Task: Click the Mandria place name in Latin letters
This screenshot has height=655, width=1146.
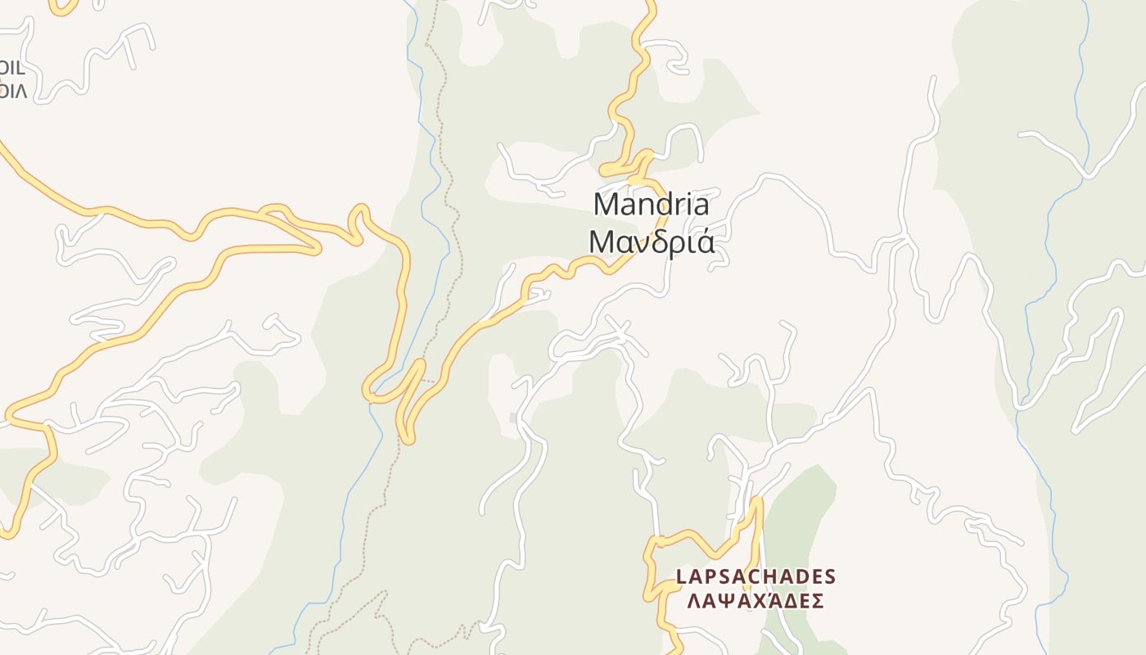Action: pos(651,204)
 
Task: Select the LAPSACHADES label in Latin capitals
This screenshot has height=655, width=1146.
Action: pos(756,577)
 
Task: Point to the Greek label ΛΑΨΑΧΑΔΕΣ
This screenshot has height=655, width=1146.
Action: pos(755,602)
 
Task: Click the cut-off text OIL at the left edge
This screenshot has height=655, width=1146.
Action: pos(13,68)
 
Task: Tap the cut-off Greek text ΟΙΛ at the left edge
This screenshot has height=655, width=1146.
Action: pos(13,90)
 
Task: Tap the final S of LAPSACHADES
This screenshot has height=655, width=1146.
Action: pos(830,577)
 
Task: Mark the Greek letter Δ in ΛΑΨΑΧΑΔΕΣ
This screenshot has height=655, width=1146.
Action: pos(782,602)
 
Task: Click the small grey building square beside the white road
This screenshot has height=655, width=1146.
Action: pos(513,418)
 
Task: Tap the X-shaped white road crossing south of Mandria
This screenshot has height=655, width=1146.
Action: pos(620,332)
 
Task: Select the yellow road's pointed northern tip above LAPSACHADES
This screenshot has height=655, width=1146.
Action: pos(757,499)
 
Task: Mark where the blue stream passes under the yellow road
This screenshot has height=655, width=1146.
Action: pos(375,395)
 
